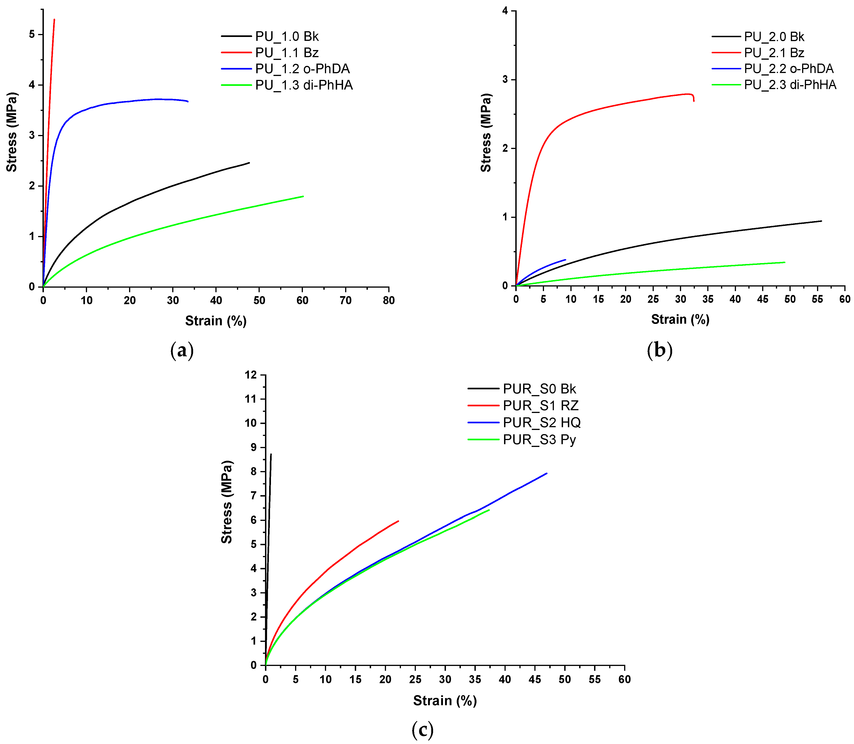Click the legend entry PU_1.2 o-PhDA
click(302, 69)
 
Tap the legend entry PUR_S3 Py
click(539, 440)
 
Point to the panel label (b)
click(660, 350)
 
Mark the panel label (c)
click(423, 730)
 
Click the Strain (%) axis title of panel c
click(445, 701)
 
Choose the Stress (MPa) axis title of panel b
click(486, 133)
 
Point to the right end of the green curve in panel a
click(303, 196)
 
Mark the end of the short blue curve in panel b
click(565, 260)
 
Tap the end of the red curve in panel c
click(398, 521)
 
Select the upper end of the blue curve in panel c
click(547, 473)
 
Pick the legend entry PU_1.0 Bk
click(287, 36)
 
